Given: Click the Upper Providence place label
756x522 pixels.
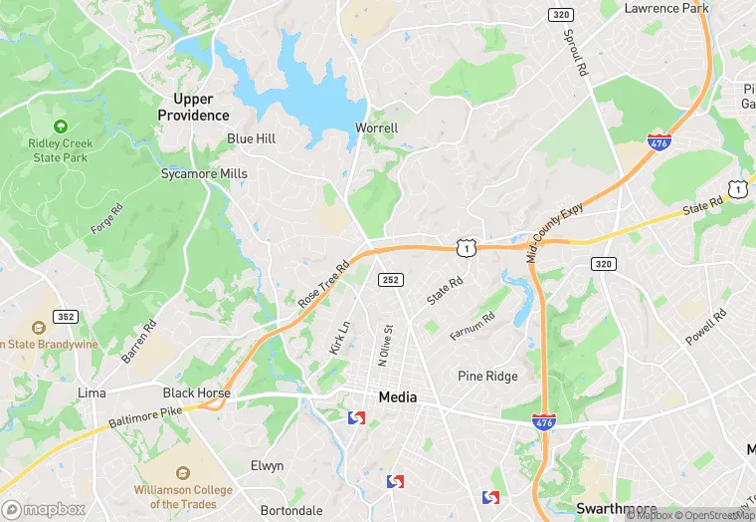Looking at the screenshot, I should click(x=193, y=107).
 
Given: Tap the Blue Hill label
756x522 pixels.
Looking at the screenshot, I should click(x=251, y=138).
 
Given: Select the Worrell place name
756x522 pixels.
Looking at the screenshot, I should click(x=377, y=128).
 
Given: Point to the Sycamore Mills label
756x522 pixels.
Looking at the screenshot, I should click(x=204, y=172).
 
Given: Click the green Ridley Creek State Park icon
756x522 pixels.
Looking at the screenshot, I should click(x=61, y=127).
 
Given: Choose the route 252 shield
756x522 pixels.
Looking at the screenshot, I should click(x=390, y=280).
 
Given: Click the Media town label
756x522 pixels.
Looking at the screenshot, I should click(x=398, y=396).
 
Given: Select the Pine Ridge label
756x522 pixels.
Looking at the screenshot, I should click(x=487, y=376).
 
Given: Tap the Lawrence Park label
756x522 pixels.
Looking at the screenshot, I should click(x=666, y=8).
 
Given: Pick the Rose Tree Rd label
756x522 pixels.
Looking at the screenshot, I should click(x=323, y=284).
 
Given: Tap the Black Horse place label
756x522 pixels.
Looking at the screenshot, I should click(x=197, y=392).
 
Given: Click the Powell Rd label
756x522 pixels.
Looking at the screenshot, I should click(x=705, y=327).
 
